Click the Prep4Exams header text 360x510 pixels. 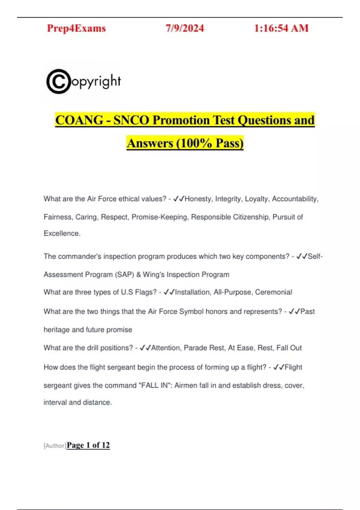click(76, 28)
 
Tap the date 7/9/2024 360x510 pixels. click(185, 28)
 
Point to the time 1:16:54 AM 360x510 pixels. click(281, 28)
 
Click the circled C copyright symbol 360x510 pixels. click(58, 81)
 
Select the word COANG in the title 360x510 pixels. click(79, 120)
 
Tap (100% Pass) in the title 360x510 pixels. click(210, 143)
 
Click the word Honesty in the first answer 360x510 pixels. click(198, 199)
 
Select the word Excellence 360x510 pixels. click(62, 233)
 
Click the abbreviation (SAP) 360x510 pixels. click(124, 274)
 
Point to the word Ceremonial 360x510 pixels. click(274, 292)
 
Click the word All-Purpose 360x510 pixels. click(232, 292)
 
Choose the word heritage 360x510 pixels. click(57, 330)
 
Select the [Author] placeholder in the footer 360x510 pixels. click(55, 446)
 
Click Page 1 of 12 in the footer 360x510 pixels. click(88, 445)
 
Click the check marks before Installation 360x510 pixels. click(169, 292)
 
